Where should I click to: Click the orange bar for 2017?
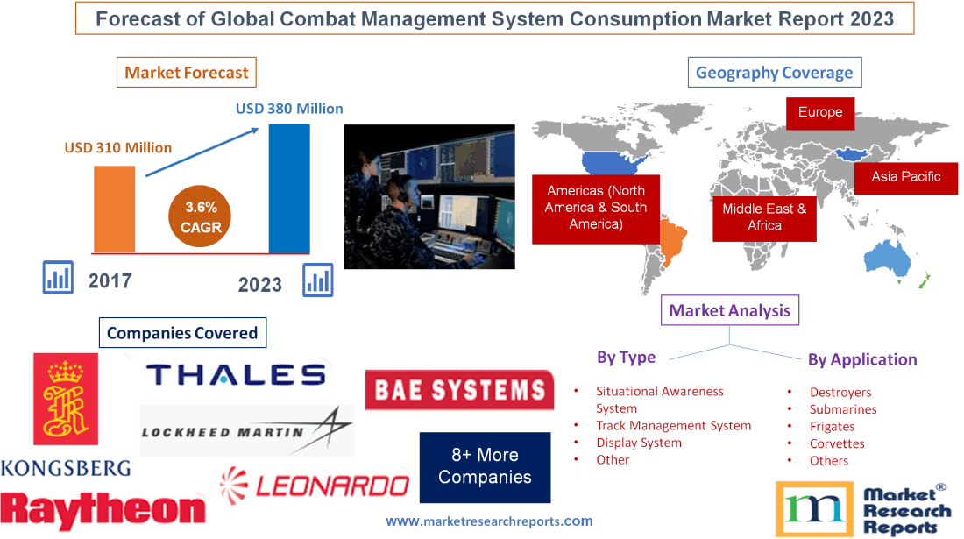(115, 209)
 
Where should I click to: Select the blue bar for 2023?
(289, 188)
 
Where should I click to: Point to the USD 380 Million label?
(289, 110)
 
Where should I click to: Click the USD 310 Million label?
(118, 147)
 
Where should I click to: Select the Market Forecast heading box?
(187, 73)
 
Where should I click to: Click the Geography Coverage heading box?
(774, 73)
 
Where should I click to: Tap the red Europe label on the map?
(820, 112)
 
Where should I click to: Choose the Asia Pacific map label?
(905, 176)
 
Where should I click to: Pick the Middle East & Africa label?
(764, 216)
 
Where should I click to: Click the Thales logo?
(237, 375)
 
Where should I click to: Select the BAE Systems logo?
(459, 390)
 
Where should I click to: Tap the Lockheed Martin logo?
(247, 430)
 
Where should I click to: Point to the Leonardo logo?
(315, 485)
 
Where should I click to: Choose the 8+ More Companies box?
(485, 466)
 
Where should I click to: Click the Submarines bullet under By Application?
(842, 409)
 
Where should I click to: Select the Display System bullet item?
(639, 443)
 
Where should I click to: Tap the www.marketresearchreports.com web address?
(489, 521)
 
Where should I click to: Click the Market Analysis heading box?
(729, 310)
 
